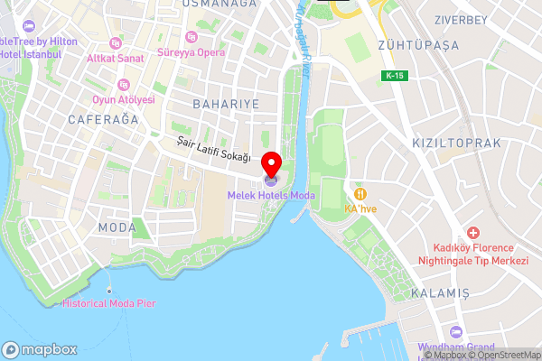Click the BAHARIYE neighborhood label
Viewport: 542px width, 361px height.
[x=226, y=105]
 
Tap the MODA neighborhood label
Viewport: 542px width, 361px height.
[x=118, y=226]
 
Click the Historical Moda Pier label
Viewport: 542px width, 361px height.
[x=109, y=304]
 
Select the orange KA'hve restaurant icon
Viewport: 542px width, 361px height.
[x=360, y=193]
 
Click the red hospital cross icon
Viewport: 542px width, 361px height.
[x=472, y=234]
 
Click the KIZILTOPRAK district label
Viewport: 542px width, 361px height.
[x=455, y=143]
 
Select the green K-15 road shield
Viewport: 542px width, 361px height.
[x=393, y=75]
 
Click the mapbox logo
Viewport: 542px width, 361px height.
[x=40, y=349]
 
